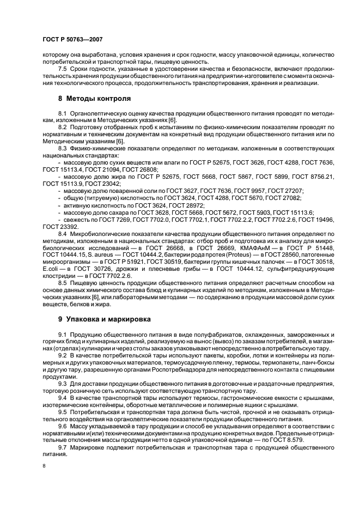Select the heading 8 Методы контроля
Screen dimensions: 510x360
click(x=94, y=99)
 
